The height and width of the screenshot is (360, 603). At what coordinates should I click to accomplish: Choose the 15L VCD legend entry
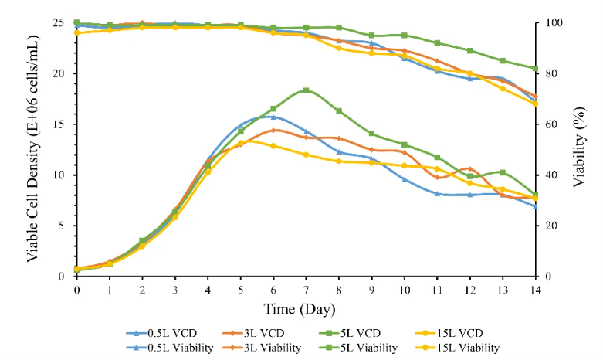click(456, 333)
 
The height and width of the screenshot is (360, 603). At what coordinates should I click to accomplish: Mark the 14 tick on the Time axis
click(534, 289)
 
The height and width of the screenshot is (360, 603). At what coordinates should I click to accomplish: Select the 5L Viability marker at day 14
click(534, 68)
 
